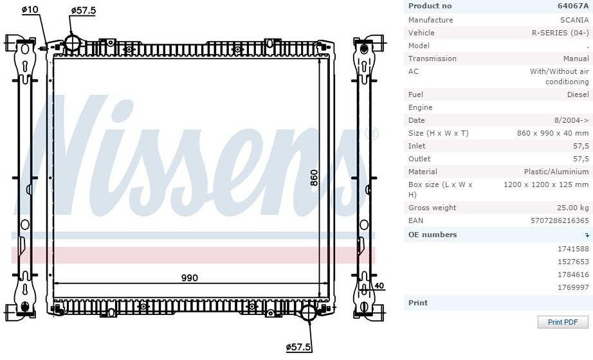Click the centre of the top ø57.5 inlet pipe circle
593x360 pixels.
72,42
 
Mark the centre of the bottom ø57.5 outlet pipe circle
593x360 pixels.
309,312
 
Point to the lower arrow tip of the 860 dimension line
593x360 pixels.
320,297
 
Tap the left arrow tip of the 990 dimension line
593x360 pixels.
53,283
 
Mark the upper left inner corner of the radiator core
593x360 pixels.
53,58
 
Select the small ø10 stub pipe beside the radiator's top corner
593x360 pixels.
42,48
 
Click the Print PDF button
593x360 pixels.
563,322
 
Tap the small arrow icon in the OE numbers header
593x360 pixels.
587,235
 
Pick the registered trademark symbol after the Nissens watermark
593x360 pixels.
371,134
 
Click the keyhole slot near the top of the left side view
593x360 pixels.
25,67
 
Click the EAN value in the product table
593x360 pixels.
560,221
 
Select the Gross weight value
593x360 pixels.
572,208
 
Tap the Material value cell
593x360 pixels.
556,172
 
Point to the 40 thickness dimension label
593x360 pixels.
379,286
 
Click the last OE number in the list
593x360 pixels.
573,287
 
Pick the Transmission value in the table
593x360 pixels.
576,59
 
